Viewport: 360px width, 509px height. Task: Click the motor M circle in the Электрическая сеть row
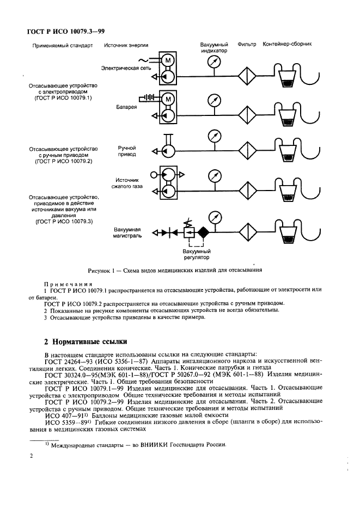(169, 59)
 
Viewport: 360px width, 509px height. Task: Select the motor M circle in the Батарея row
(169, 99)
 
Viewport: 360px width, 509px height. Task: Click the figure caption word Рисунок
(100, 270)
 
